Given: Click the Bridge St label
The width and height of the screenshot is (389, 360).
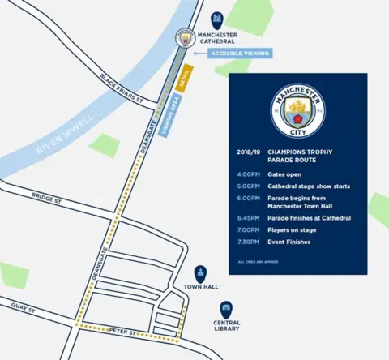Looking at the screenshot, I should coord(46,197).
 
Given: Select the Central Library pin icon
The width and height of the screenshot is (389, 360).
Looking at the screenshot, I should coord(226,308).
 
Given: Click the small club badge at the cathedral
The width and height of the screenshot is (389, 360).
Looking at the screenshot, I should coord(185,37).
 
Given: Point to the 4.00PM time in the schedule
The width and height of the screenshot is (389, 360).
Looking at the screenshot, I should coord(248,174).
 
